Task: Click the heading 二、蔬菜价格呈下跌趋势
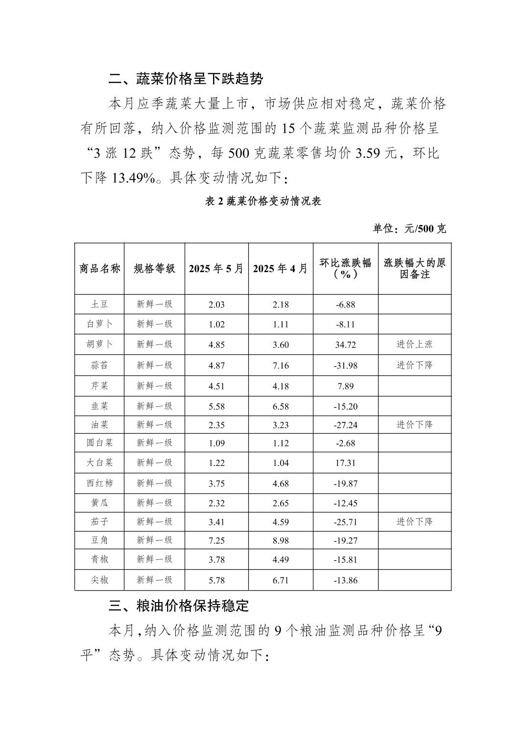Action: pyautogui.click(x=186, y=79)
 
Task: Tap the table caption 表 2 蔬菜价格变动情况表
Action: pyautogui.click(x=263, y=201)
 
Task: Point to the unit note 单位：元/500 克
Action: pyautogui.click(x=409, y=229)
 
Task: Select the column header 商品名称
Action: pyautogui.click(x=99, y=268)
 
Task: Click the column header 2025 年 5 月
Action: pyautogui.click(x=216, y=268)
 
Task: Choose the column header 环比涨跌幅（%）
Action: pyautogui.click(x=345, y=268)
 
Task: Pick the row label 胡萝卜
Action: pyautogui.click(x=99, y=344)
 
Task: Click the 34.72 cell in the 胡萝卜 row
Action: pyautogui.click(x=345, y=345)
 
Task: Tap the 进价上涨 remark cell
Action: pyautogui.click(x=414, y=344)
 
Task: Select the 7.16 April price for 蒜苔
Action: pyautogui.click(x=281, y=365)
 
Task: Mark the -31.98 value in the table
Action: pyautogui.click(x=345, y=365)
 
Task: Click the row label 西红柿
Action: pyautogui.click(x=99, y=483)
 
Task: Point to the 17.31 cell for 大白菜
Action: pyautogui.click(x=345, y=463)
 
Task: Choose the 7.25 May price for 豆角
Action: pyautogui.click(x=216, y=540)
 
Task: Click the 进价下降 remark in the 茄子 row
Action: pyautogui.click(x=414, y=521)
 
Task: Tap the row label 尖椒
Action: pyautogui.click(x=99, y=580)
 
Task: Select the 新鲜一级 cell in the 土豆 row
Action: pyautogui.click(x=154, y=304)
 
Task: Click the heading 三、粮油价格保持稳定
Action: pyautogui.click(x=179, y=606)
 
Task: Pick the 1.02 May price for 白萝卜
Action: pyautogui.click(x=216, y=324)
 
